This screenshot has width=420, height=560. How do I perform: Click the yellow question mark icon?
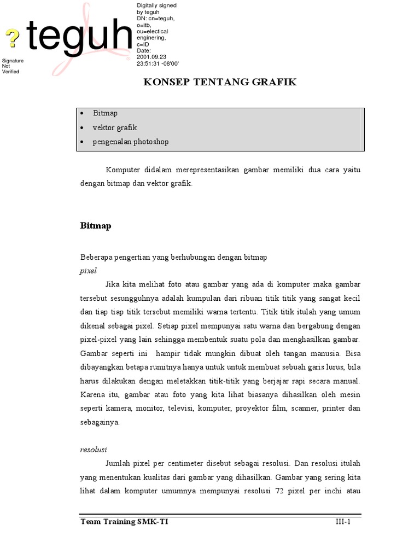(x=13, y=38)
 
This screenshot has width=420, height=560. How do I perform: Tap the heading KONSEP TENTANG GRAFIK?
(x=220, y=83)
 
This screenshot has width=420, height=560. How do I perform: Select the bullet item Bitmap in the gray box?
(x=105, y=113)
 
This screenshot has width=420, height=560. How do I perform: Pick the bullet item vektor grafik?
(x=115, y=127)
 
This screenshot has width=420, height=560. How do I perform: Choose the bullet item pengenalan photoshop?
(x=131, y=142)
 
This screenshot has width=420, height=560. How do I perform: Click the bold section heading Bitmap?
(x=96, y=226)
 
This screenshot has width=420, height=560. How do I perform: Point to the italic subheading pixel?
(x=88, y=271)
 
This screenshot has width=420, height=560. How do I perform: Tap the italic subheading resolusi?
(x=94, y=450)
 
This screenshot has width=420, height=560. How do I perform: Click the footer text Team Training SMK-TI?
(x=124, y=522)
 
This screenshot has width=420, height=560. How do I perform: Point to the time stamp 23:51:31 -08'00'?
(x=158, y=63)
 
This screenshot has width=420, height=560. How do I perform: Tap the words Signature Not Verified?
(x=13, y=66)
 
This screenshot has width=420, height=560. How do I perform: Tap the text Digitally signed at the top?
(x=156, y=5)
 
